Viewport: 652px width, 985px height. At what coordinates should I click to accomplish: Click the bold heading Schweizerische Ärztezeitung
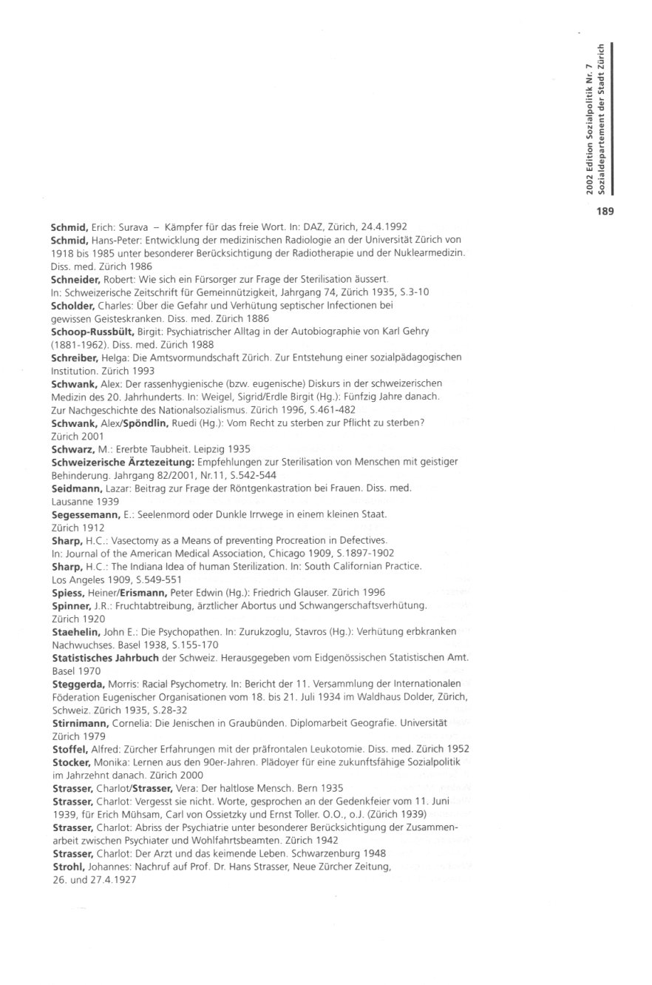114,462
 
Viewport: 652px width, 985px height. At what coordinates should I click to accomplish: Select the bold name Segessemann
82,514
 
